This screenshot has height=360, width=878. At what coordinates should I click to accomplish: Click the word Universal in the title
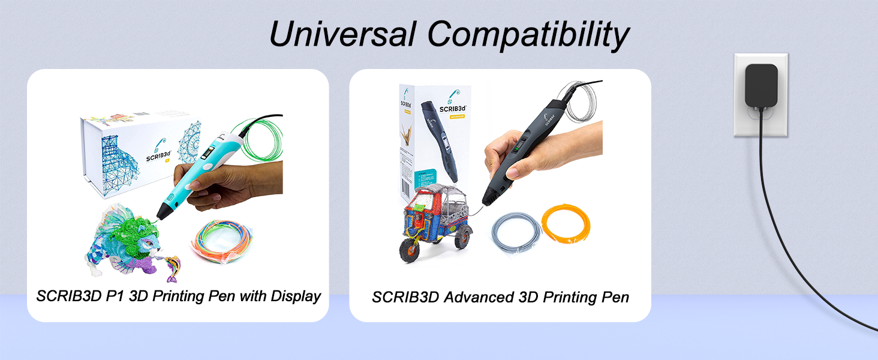coord(341,34)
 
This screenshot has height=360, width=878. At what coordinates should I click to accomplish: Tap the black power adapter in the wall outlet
coord(761,86)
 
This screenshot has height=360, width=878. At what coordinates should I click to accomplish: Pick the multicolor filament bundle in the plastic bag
coord(221,241)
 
